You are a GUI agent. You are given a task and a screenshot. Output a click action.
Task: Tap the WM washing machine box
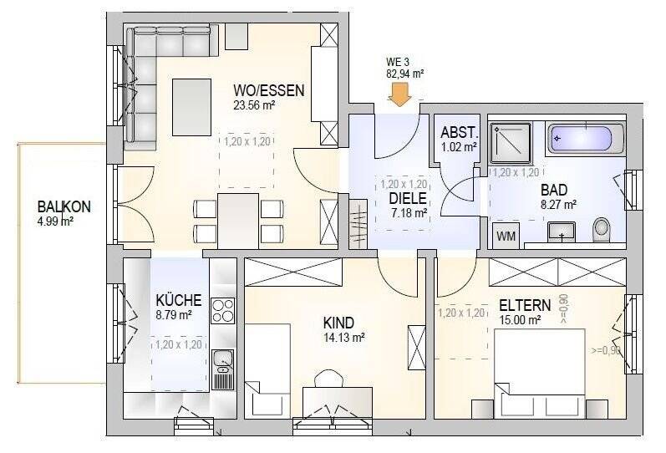click(x=506, y=237)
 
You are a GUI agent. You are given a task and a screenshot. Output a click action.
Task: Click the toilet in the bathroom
click(x=601, y=229)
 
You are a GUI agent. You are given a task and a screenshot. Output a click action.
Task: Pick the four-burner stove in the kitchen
click(x=222, y=310)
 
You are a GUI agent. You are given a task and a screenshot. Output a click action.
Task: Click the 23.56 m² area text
click(x=256, y=105)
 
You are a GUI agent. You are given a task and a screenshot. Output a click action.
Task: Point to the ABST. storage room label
click(x=459, y=133)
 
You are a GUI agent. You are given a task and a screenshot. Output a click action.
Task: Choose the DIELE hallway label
click(x=408, y=199)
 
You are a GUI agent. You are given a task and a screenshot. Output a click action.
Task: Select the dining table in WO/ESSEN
click(x=238, y=219)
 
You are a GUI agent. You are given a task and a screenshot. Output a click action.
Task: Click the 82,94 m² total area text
click(x=404, y=74)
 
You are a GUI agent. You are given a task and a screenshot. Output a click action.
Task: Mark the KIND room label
click(x=339, y=323)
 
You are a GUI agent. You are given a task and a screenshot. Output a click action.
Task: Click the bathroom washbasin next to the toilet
click(x=561, y=232)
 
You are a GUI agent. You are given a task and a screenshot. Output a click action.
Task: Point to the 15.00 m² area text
click(x=520, y=319)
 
